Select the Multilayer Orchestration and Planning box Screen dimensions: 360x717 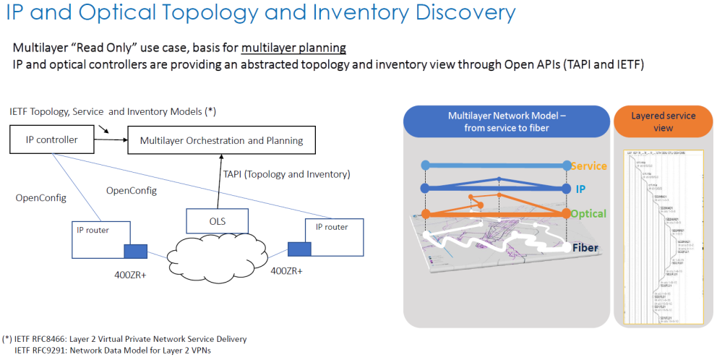[221, 140]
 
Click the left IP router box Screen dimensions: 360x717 [100, 239]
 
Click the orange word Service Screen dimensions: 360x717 [588, 166]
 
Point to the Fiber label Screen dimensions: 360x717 [588, 247]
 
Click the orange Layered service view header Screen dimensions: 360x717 [663, 121]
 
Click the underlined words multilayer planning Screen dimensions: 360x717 [293, 48]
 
